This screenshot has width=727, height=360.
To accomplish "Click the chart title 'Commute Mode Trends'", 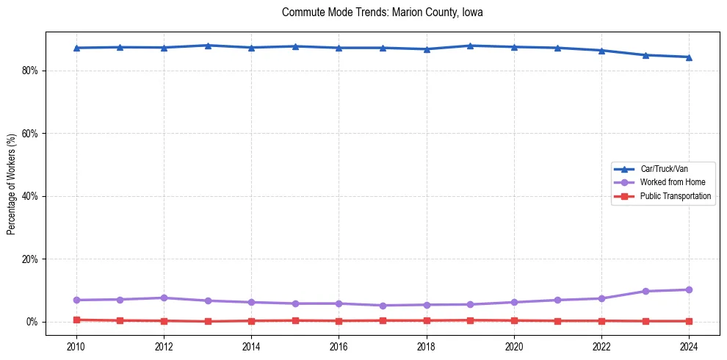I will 382,12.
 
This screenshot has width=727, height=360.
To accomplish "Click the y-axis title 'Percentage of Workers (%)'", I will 11,184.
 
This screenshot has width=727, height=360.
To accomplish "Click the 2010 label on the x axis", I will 76,346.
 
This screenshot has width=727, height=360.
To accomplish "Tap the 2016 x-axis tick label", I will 339,346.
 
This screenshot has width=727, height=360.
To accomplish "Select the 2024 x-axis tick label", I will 689,346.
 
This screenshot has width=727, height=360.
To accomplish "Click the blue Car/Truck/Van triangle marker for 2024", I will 689,57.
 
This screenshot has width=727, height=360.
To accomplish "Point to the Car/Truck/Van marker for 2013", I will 208,46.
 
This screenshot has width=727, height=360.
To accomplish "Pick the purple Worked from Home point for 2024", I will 689,289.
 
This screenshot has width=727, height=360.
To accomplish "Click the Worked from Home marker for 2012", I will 164,298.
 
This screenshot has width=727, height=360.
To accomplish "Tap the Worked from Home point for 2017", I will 383,306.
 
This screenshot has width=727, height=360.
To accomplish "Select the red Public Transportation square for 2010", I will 76,320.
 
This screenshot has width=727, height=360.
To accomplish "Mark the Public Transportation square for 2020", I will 514,320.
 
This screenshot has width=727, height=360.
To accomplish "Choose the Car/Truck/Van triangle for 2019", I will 470,46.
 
